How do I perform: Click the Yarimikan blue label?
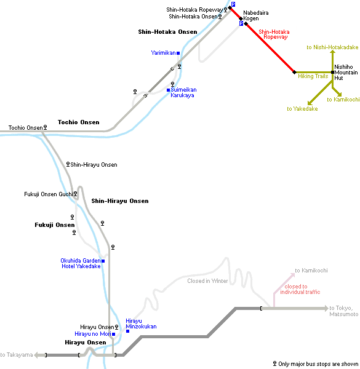163,53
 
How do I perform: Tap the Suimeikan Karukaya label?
183,92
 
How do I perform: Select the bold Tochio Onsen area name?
79,122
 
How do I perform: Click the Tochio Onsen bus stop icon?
45,127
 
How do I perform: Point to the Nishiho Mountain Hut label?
346,73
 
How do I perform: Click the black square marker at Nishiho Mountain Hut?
332,72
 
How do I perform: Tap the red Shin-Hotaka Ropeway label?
274,34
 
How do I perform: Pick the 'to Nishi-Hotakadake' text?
332,47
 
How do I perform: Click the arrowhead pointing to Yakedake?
310,103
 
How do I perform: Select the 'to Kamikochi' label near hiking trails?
343,100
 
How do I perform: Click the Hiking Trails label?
313,76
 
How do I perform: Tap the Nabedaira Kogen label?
256,15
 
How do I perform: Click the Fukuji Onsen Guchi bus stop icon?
75,194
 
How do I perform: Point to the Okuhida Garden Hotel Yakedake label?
81,263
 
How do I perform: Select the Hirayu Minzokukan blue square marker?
127,331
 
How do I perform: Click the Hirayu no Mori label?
93,334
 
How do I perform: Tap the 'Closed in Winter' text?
207,281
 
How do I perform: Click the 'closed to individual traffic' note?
300,289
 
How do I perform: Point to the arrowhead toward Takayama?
36,355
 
